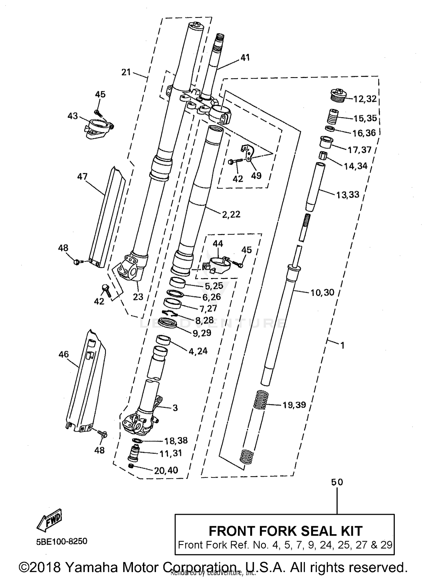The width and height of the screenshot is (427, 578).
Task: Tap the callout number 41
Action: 245,57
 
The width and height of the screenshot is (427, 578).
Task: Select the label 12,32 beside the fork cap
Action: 365,99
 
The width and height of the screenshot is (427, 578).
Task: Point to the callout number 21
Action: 126,72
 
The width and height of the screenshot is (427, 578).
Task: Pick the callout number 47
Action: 82,177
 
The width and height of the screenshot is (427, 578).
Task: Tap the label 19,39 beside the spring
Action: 294,405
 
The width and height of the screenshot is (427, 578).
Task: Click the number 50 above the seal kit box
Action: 337,482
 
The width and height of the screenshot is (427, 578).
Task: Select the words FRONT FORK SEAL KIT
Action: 286,531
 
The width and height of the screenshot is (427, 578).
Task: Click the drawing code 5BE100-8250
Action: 61,541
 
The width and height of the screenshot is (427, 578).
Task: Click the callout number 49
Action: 256,176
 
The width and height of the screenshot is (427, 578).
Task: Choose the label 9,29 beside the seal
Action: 202,333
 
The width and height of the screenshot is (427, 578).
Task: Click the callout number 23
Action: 138,297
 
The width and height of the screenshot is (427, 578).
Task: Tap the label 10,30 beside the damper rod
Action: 322,292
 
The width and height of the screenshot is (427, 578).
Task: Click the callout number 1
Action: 342,345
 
